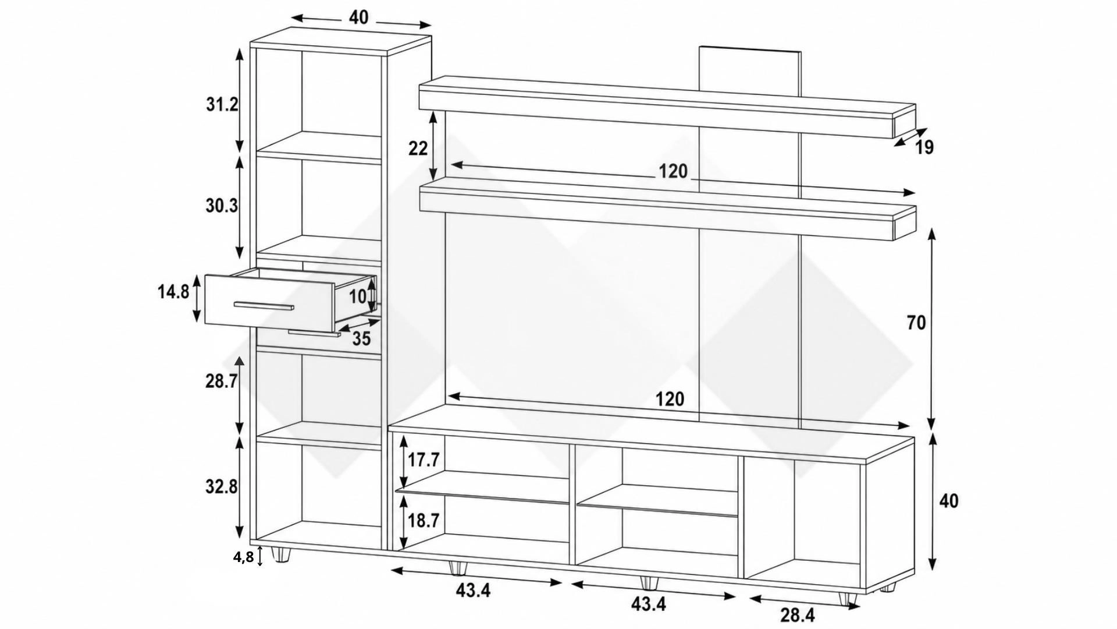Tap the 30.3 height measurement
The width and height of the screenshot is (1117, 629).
[x=222, y=206]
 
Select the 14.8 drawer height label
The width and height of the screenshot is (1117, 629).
[x=173, y=292]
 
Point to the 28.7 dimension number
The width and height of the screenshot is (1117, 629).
[x=222, y=381]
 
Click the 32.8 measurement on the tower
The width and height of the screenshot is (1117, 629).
[x=222, y=486]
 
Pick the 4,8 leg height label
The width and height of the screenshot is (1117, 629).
[x=244, y=557]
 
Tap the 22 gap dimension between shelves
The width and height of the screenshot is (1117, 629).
[x=418, y=149]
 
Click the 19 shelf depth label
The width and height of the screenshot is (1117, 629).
[x=924, y=148]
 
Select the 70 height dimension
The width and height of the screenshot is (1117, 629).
[x=916, y=323]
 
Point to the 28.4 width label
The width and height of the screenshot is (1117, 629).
[x=798, y=615]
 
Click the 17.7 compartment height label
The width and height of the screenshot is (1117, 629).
[x=423, y=460]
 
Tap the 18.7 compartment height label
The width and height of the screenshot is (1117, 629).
[x=423, y=521]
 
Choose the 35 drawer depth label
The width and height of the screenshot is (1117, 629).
[x=361, y=338]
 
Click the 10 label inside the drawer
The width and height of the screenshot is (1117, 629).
[x=358, y=297]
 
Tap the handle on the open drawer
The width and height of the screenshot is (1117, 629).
[x=264, y=306]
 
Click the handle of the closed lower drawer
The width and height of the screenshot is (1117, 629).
[x=314, y=334]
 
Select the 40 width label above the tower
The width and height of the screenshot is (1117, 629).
[x=359, y=18]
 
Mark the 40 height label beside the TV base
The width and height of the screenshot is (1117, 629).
[x=949, y=501]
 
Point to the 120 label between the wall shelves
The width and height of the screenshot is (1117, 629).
[x=673, y=172]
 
